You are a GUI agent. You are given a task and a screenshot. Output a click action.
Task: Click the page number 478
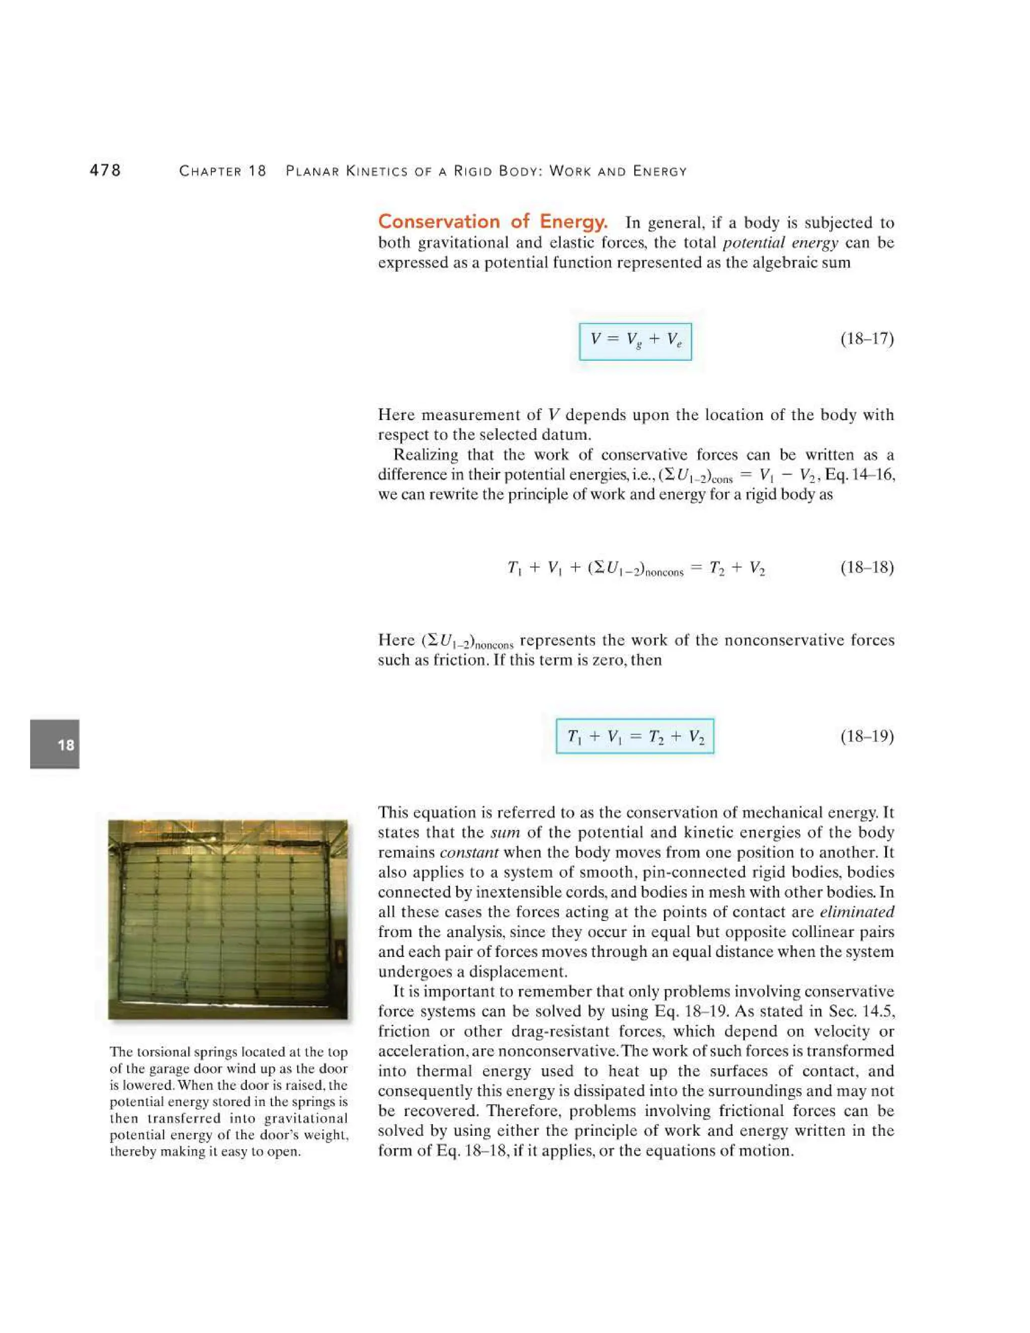(105, 171)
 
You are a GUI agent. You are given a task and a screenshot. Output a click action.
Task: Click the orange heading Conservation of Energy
(492, 221)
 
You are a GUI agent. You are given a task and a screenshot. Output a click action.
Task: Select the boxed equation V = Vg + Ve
(635, 341)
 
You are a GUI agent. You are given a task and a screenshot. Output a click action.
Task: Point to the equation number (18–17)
(867, 339)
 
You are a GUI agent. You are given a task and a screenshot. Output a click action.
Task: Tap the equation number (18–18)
(867, 567)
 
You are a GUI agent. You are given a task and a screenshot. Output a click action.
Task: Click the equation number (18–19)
(867, 736)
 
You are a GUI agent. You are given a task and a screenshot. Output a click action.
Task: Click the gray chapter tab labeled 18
(55, 744)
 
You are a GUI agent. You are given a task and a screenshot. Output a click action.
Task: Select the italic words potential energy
(780, 243)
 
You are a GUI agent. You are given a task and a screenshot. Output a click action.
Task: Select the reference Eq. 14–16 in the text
(860, 475)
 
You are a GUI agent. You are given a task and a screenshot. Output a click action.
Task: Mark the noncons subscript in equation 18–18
(664, 572)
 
